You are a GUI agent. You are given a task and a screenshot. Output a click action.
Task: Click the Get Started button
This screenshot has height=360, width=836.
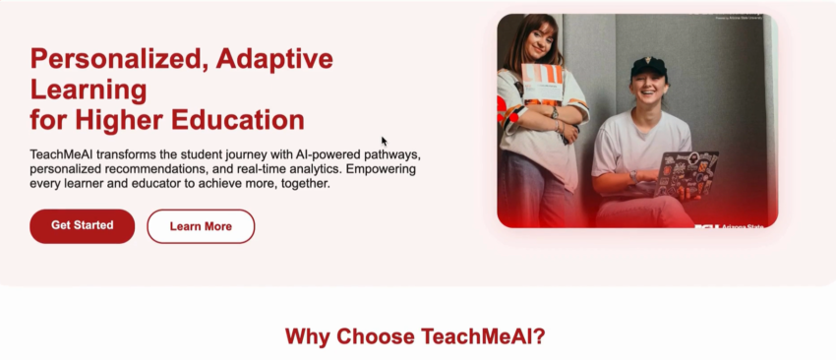coord(82,226)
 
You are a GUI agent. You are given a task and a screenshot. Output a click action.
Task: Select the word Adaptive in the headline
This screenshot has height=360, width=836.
coord(274,60)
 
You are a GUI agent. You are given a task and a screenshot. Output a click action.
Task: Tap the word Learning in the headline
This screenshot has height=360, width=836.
coord(89,90)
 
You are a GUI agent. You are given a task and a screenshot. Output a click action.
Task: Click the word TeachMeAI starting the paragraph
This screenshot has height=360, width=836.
coord(61,154)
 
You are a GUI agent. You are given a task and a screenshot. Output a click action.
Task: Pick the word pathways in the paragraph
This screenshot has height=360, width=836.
coord(393,155)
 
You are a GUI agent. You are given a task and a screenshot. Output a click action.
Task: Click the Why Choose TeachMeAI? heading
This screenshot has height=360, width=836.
coord(415,336)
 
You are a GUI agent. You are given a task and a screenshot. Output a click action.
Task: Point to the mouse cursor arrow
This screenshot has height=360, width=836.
coord(384,141)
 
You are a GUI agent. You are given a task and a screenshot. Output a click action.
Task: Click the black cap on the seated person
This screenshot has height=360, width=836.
coord(649,67)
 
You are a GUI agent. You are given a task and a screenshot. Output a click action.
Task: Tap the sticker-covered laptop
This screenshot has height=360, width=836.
coord(687,174)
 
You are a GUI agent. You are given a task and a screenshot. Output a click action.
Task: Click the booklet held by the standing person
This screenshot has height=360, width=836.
coord(542,83)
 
